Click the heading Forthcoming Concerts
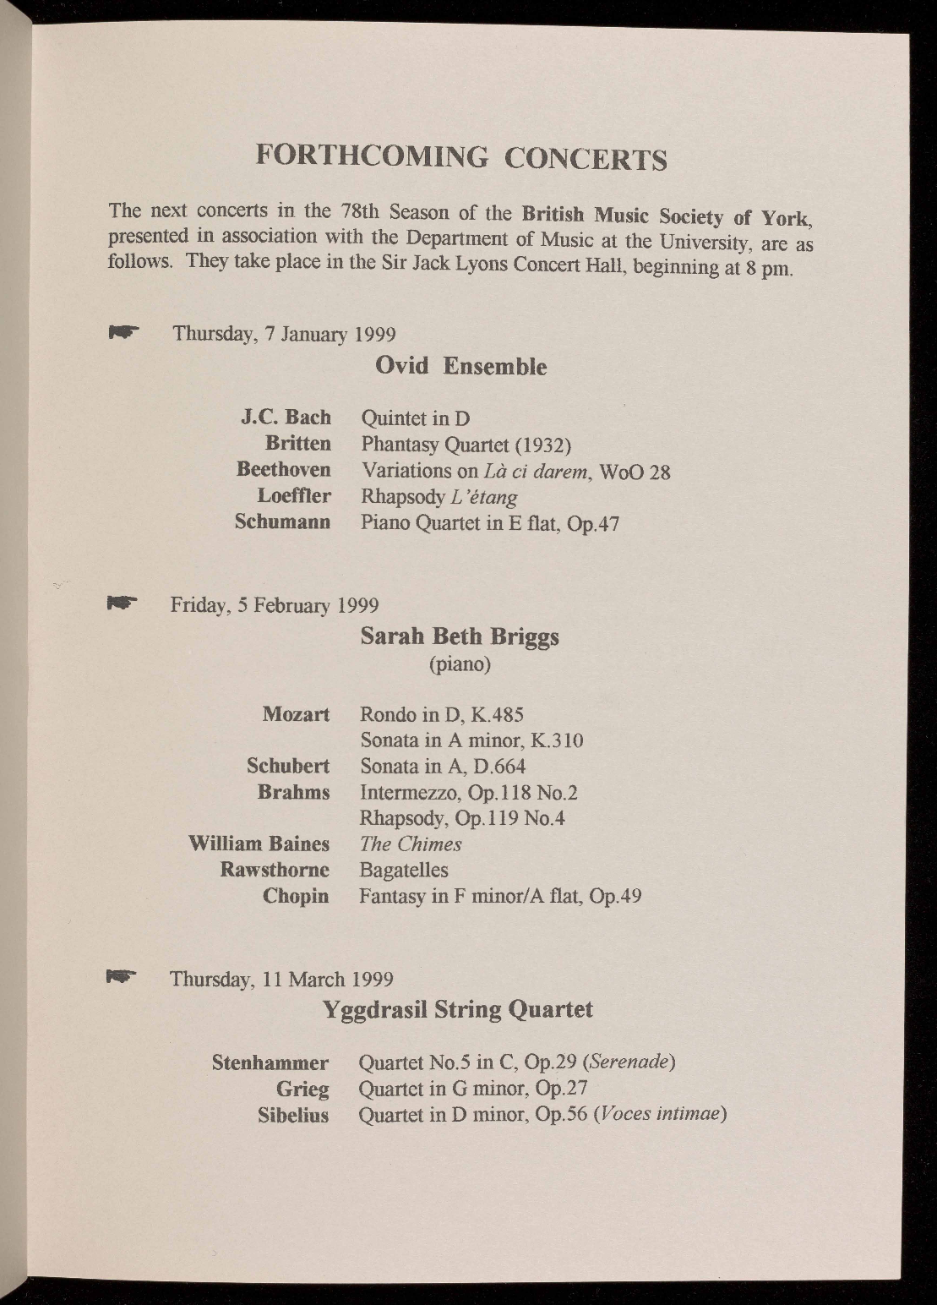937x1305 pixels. (x=461, y=158)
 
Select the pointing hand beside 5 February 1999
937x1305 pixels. (x=122, y=603)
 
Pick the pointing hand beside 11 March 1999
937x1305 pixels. (x=121, y=977)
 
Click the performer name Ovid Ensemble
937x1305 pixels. (x=460, y=367)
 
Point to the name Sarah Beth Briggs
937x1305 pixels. (x=460, y=636)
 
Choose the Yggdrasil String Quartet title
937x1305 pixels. (x=459, y=1010)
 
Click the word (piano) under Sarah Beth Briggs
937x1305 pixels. (x=460, y=664)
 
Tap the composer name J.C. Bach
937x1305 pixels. (x=286, y=418)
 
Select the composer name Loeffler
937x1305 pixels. (x=293, y=495)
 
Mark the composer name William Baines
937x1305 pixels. (x=259, y=844)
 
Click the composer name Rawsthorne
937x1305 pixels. (x=274, y=870)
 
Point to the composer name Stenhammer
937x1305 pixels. (x=270, y=1062)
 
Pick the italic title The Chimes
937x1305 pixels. (x=411, y=844)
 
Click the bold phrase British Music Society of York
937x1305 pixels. (x=667, y=215)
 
